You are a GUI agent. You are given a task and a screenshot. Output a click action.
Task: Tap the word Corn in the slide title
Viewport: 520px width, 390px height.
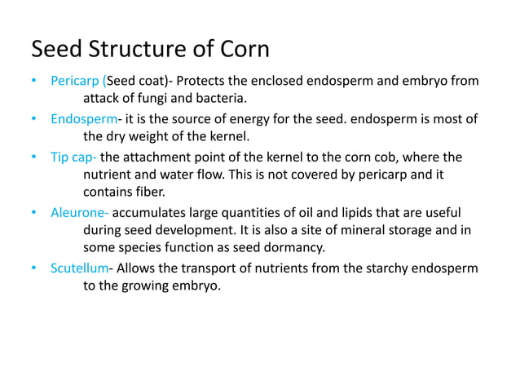pyautogui.click(x=242, y=50)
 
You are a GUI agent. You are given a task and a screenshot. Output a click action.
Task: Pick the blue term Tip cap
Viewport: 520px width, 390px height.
pyautogui.click(x=73, y=157)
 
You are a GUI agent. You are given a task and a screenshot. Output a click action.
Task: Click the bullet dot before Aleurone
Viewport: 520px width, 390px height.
pyautogui.click(x=34, y=212)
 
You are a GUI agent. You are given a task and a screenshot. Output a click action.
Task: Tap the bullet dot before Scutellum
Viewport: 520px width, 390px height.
pyautogui.click(x=34, y=268)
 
